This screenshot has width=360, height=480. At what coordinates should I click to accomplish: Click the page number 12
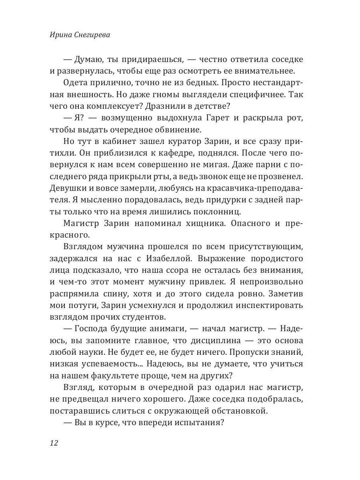[54, 443]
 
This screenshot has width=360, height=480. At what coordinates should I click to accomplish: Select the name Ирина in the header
[59, 35]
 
